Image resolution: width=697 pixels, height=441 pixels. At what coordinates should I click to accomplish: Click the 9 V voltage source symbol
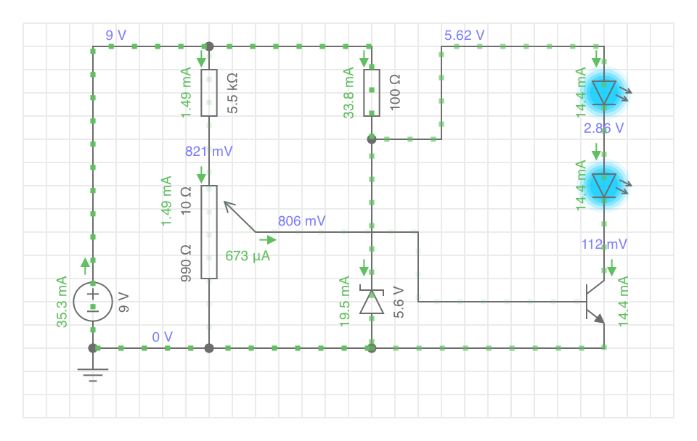click(x=93, y=302)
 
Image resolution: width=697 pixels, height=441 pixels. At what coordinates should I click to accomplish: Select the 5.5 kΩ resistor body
click(x=209, y=93)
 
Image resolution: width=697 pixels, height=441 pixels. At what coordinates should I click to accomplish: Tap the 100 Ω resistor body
click(x=372, y=93)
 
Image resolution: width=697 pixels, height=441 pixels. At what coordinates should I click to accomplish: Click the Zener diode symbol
click(x=372, y=302)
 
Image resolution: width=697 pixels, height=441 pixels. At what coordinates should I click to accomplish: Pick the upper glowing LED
click(x=604, y=93)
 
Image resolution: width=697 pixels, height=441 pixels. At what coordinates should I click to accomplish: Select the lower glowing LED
click(x=604, y=186)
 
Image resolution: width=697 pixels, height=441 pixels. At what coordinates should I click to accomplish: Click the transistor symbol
click(x=595, y=302)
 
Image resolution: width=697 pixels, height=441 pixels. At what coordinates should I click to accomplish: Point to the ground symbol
click(x=93, y=375)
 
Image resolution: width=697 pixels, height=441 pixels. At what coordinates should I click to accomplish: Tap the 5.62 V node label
click(x=465, y=35)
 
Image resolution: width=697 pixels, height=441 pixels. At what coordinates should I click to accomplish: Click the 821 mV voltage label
click(x=209, y=152)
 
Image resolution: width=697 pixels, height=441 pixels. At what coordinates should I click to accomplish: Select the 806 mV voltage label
click(x=302, y=220)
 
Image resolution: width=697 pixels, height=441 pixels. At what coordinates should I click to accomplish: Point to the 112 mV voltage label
click(x=605, y=244)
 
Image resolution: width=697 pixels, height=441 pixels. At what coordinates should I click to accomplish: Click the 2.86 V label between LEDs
click(x=603, y=128)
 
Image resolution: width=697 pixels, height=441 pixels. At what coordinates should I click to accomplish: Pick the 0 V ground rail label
click(x=162, y=337)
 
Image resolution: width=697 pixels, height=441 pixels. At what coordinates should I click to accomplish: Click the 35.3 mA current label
click(x=62, y=302)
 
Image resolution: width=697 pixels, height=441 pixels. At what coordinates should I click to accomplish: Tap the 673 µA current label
click(x=248, y=256)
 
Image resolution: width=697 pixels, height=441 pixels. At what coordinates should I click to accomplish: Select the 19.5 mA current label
click(x=344, y=302)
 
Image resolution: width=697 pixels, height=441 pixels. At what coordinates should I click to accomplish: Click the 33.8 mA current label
click(x=348, y=93)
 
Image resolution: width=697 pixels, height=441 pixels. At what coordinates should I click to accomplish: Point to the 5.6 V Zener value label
click(x=399, y=302)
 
